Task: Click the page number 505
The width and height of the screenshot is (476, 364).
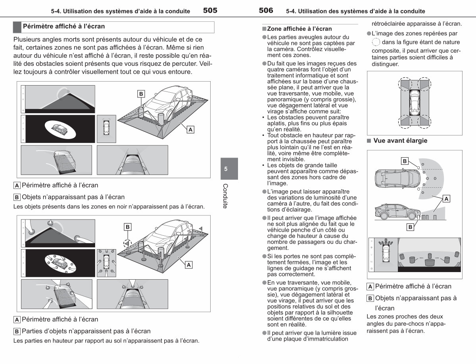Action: pos(210,10)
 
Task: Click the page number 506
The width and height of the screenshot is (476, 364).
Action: pos(266,10)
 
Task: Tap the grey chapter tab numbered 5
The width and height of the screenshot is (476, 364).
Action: pos(229,169)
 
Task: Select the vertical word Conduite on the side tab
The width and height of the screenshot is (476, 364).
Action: pos(225,196)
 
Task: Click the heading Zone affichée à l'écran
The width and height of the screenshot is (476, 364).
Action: pos(299,29)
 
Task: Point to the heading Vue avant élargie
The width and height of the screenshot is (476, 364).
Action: pos(400,141)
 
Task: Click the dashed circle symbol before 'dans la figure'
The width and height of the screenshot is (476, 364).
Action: pos(376,42)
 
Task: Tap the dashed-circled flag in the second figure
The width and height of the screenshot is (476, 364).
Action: pos(127,243)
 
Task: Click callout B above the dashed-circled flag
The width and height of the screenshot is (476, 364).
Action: pos(127,227)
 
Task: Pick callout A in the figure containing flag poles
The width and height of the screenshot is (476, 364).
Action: pos(188,265)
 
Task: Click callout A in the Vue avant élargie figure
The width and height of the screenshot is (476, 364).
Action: pos(446,199)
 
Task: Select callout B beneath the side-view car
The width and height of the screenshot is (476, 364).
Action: pos(410,227)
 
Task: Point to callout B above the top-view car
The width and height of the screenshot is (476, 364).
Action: pos(405,161)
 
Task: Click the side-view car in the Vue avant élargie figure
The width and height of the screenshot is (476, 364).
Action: pos(397,212)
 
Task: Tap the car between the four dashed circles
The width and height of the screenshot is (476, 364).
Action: pos(415,103)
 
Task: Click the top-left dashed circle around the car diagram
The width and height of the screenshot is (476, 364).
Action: pos(405,84)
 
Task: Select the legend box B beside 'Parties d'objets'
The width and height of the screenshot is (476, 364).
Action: pos(17,332)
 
